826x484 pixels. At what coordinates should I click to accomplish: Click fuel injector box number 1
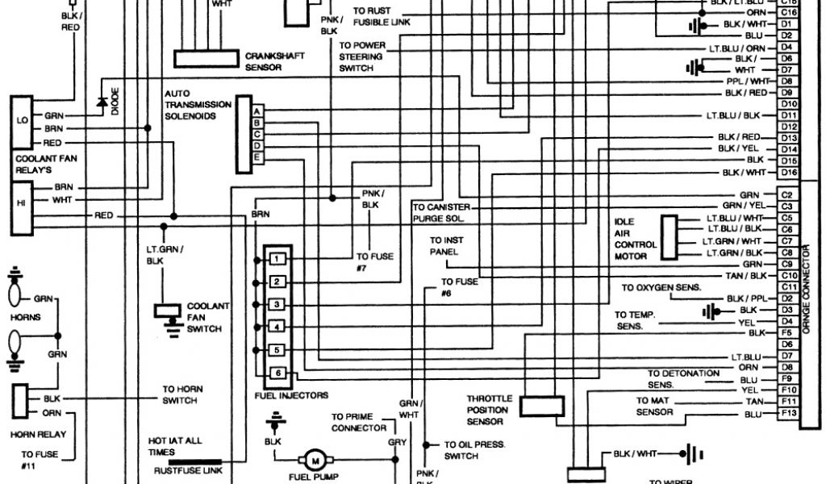point(276,259)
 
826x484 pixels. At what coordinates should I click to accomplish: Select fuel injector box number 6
point(276,373)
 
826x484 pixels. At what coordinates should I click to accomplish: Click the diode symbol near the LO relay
point(102,102)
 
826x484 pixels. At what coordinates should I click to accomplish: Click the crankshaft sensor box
point(208,59)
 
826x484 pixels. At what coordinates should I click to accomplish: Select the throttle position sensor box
point(541,406)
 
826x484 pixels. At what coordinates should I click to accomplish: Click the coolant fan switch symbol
point(169,311)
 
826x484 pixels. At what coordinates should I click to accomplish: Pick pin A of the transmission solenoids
point(257,111)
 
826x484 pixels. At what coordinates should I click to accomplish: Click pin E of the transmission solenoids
point(257,156)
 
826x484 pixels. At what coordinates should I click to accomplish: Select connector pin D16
point(788,173)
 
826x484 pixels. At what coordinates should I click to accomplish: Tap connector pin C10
point(788,276)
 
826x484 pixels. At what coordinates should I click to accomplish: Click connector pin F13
point(788,414)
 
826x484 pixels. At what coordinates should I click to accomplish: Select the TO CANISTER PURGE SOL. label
point(441,213)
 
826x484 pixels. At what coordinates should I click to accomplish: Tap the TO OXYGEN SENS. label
point(661,288)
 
